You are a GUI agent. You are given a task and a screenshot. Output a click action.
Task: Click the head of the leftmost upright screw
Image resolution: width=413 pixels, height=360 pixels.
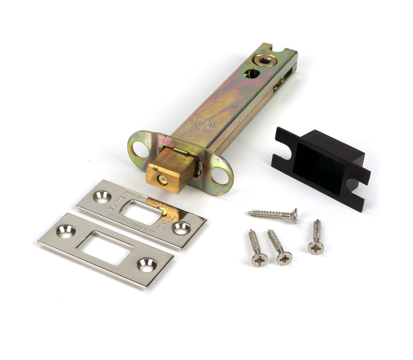click(x=259, y=260)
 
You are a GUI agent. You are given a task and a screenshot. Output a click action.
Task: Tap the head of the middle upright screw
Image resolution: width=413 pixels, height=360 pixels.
click(x=284, y=258)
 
